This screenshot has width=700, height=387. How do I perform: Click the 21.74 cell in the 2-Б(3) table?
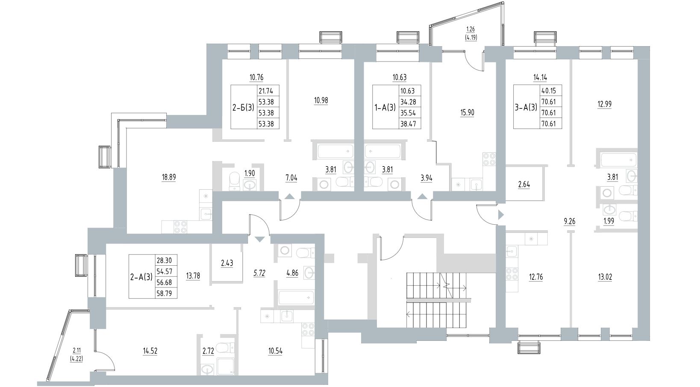[x=268, y=91]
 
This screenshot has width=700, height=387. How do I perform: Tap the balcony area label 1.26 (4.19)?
[x=471, y=33]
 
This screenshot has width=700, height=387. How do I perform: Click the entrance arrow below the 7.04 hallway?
[x=289, y=196]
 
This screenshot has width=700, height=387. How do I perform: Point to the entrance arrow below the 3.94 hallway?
[x=423, y=196]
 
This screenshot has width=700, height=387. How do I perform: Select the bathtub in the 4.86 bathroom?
[x=297, y=298]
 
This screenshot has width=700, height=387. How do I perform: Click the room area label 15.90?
[x=468, y=113]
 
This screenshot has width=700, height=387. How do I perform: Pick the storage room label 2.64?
[x=524, y=185]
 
